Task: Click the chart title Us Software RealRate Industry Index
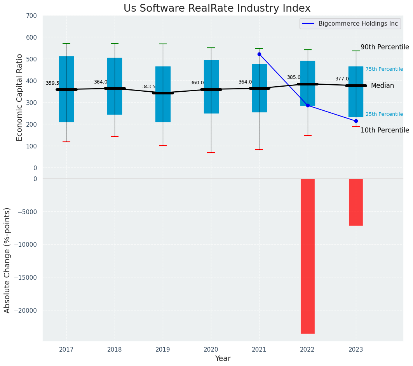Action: [x=217, y=9]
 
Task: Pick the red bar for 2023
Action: [x=355, y=202]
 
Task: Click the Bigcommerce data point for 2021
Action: [x=259, y=54]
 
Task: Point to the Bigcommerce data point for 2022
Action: [x=308, y=105]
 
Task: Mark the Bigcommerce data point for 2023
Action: [x=356, y=121]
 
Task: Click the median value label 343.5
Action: [x=149, y=87]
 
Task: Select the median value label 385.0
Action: [x=294, y=78]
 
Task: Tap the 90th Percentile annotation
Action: [x=385, y=47]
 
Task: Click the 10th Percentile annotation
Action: [x=385, y=131]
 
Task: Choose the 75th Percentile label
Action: [x=384, y=69]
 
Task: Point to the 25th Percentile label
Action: [x=384, y=114]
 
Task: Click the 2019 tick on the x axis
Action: [x=163, y=350]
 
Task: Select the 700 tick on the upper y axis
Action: [x=32, y=16]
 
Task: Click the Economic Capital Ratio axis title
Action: [x=20, y=92]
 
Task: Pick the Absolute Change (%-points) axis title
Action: [x=7, y=260]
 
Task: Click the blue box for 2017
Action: [x=66, y=89]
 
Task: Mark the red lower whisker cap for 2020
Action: [x=211, y=153]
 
